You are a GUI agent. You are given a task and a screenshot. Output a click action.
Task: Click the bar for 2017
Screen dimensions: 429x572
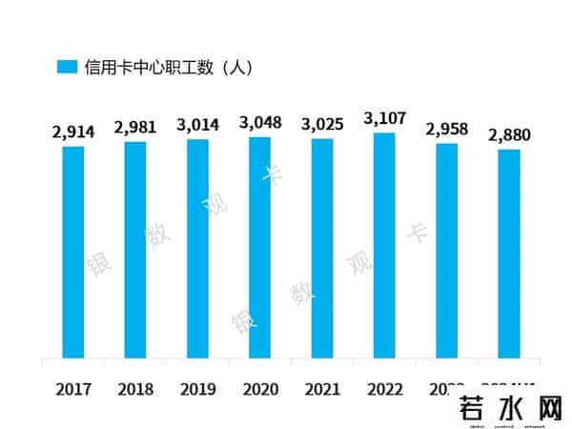(x=73, y=253)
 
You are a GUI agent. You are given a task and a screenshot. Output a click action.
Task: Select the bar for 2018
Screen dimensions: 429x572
(x=135, y=251)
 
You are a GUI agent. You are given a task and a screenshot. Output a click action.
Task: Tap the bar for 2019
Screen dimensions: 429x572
(x=197, y=250)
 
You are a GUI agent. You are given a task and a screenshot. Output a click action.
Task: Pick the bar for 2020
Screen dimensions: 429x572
(x=259, y=249)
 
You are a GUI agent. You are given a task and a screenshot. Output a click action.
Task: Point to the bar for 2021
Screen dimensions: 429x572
(x=322, y=250)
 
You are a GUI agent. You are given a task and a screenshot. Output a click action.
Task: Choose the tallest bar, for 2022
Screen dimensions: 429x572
(x=384, y=246)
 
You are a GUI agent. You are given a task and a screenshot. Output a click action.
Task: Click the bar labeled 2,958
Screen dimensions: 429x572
(x=446, y=252)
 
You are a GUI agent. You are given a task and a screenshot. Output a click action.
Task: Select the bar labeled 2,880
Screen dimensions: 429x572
(x=508, y=255)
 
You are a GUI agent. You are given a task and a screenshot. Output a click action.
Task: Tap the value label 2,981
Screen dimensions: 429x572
(x=135, y=129)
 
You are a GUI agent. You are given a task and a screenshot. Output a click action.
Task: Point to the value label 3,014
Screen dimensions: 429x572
(x=197, y=126)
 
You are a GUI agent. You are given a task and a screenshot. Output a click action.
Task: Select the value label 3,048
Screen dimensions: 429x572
(x=259, y=123)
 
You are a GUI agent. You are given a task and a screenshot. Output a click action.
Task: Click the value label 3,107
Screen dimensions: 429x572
(x=384, y=119)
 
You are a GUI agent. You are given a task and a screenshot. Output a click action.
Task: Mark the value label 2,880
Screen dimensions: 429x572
(x=508, y=135)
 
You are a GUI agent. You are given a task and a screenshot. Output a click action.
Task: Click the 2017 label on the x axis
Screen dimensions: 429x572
(x=73, y=389)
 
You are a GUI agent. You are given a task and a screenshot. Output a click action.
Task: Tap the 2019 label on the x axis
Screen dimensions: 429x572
(x=197, y=389)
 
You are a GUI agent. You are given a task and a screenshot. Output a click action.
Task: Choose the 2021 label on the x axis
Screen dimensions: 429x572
(x=322, y=389)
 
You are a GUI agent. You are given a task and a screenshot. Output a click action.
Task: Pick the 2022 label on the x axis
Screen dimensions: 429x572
(x=384, y=389)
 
